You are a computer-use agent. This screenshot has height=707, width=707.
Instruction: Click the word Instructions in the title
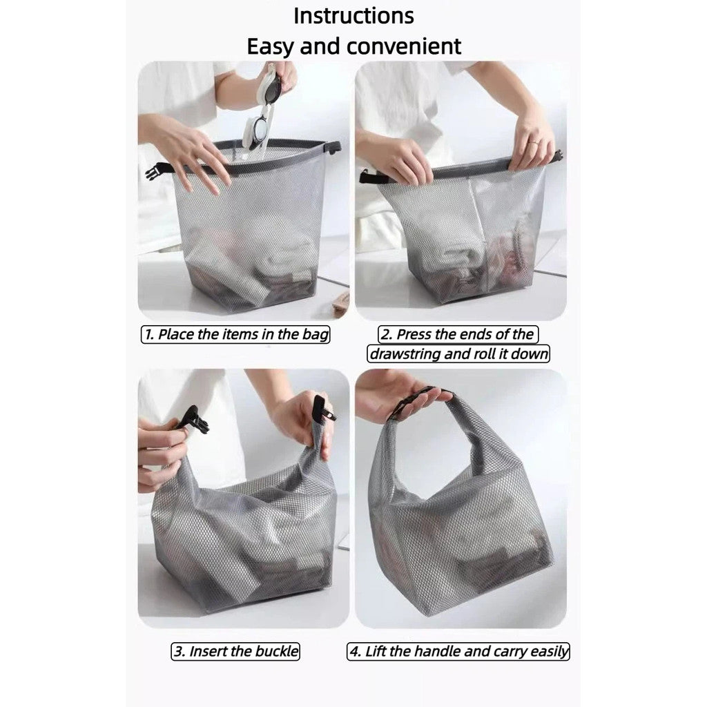[353, 15]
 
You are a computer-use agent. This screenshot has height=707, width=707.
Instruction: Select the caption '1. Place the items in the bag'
[236, 335]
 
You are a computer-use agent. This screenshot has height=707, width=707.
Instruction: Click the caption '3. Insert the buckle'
[235, 651]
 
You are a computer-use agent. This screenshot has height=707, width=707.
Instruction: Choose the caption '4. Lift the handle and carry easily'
[458, 651]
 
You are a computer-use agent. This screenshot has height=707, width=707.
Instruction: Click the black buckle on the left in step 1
[153, 171]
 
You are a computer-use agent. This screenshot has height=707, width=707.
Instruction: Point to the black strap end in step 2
[366, 178]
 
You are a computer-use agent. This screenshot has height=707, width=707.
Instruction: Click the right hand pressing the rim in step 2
[532, 142]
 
